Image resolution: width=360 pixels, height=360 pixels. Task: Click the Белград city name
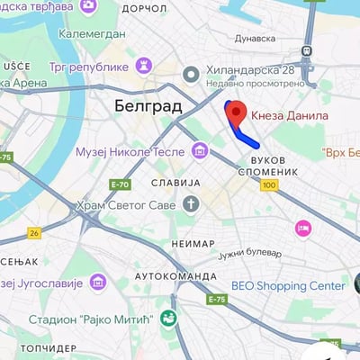pyautogui.click(x=148, y=106)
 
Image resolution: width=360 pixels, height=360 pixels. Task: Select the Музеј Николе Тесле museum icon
pyautogui.click(x=198, y=150)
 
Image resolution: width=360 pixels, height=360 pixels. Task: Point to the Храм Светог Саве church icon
pyautogui.click(x=191, y=204)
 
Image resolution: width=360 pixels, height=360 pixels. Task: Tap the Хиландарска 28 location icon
pyautogui.click(x=190, y=75)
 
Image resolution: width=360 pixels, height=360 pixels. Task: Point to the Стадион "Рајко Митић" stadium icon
pyautogui.click(x=168, y=317)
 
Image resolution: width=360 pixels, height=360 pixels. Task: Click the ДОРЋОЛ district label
pyautogui.click(x=144, y=7)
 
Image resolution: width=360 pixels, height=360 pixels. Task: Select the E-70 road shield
pyautogui.click(x=120, y=185)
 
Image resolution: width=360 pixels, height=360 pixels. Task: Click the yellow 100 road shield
pyautogui.click(x=269, y=185)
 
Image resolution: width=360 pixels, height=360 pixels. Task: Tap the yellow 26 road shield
pyautogui.click(x=34, y=233)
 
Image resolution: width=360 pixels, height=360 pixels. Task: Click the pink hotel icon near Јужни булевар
pyautogui.click(x=304, y=229)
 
